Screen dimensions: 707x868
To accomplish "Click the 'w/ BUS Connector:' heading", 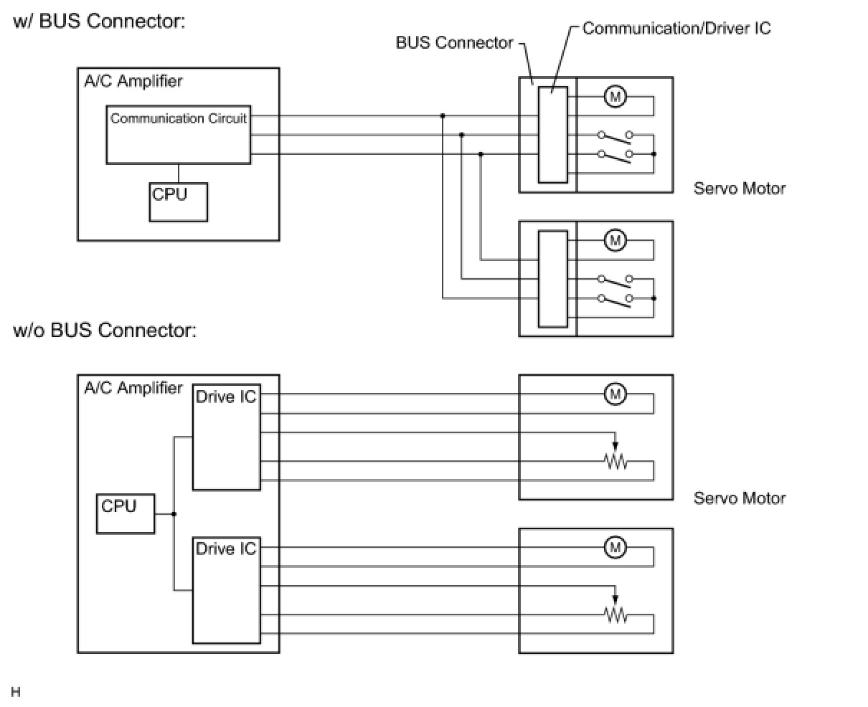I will pyautogui.click(x=99, y=22).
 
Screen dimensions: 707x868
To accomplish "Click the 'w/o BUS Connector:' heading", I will pyautogui.click(x=105, y=331).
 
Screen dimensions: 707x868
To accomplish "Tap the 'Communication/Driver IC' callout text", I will pyautogui.click(x=676, y=29).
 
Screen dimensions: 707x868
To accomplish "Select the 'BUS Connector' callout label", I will pyautogui.click(x=454, y=43).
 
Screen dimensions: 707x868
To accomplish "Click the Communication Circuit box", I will pyautogui.click(x=179, y=135).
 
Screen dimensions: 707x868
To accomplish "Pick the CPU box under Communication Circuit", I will pyautogui.click(x=179, y=202).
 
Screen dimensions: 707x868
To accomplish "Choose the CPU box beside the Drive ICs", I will pyautogui.click(x=126, y=513).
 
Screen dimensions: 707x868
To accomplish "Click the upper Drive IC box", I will pyautogui.click(x=227, y=437).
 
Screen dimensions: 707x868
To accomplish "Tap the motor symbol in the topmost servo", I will pyautogui.click(x=615, y=96).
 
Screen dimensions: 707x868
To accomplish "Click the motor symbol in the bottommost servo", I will pyautogui.click(x=615, y=549).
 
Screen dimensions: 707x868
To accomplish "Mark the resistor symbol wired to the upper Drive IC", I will pyautogui.click(x=615, y=462).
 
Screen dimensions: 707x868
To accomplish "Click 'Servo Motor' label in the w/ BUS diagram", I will pyautogui.click(x=740, y=189).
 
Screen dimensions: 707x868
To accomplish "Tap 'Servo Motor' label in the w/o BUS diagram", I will pyautogui.click(x=740, y=498).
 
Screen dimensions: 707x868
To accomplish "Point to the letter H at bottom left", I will pyautogui.click(x=16, y=692).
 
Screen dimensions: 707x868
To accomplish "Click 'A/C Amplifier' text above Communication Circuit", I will pyautogui.click(x=133, y=81).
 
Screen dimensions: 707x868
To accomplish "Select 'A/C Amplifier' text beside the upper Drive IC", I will pyautogui.click(x=133, y=388).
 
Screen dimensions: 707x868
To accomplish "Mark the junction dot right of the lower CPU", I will pyautogui.click(x=174, y=514).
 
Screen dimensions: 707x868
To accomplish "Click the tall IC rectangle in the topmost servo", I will pyautogui.click(x=553, y=135).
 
